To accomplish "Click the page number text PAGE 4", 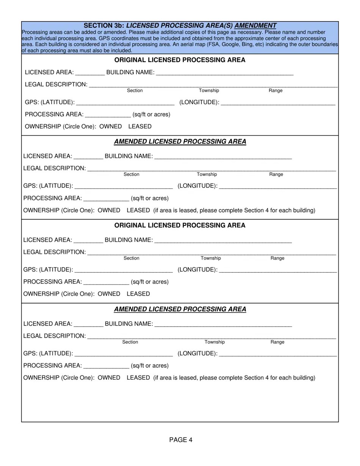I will pyautogui.click(x=181, y=440).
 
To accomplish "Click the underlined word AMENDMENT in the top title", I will pyautogui.click(x=255, y=26).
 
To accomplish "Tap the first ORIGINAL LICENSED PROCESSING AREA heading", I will pyautogui.click(x=180, y=60).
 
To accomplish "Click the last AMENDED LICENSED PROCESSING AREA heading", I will pyautogui.click(x=180, y=309).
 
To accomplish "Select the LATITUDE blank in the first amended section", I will pyautogui.click(x=124, y=186).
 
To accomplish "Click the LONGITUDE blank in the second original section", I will pyautogui.click(x=278, y=270).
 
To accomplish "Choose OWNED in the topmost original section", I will pyautogui.click(x=111, y=127).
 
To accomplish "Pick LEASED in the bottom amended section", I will pyautogui.click(x=138, y=378).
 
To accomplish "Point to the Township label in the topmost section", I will pyautogui.click(x=209, y=91).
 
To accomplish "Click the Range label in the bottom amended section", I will pyautogui.click(x=277, y=342).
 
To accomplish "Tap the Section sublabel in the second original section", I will pyautogui.click(x=131, y=258).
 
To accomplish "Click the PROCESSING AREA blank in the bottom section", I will pyautogui.click(x=106, y=366).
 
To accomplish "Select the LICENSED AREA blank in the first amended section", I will pyautogui.click(x=88, y=156).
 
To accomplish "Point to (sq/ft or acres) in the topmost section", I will pyautogui.click(x=151, y=114).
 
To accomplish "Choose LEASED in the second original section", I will pyautogui.click(x=138, y=294).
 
